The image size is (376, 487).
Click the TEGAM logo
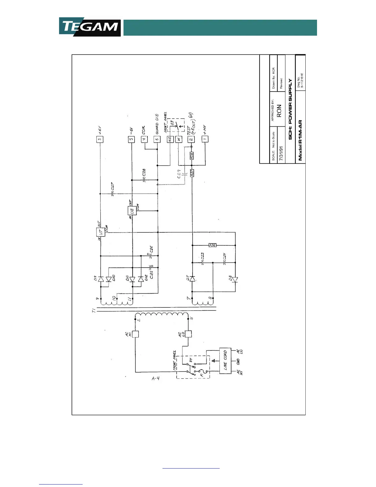90,27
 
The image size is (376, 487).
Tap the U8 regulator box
132,211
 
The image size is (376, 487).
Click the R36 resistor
212,245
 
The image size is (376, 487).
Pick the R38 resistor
192,156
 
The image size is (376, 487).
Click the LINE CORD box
225,361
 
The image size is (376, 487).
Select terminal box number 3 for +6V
100,139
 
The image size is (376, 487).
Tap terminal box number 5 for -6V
131,139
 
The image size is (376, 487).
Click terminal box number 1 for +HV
205,139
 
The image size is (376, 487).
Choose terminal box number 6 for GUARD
157,139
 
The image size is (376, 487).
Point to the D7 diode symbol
192,279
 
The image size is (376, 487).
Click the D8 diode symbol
235,280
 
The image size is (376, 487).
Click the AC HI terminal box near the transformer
135,334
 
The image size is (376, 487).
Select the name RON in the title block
279,111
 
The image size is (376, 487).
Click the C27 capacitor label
113,186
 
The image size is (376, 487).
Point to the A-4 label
156,378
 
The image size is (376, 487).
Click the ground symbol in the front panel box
213,360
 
